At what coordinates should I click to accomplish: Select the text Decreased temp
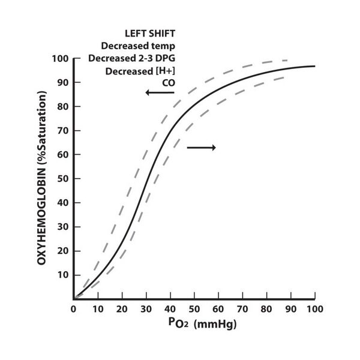pyautogui.click(x=138, y=46)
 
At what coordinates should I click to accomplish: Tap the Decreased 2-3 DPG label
pyautogui.click(x=131, y=58)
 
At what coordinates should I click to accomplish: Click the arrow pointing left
pyautogui.click(x=159, y=92)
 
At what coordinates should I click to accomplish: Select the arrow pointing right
pyautogui.click(x=201, y=147)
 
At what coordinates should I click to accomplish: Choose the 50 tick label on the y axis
pyautogui.click(x=61, y=179)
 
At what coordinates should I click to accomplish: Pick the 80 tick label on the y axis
pyautogui.click(x=61, y=107)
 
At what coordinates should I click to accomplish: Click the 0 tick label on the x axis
pyautogui.click(x=74, y=309)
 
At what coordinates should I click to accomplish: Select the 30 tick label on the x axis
pyautogui.click(x=146, y=309)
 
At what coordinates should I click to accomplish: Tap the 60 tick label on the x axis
pyautogui.click(x=218, y=309)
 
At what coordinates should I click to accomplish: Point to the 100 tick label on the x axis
pyautogui.click(x=314, y=309)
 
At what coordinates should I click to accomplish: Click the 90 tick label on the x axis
pyautogui.click(x=290, y=309)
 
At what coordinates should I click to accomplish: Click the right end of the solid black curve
pyautogui.click(x=314, y=66)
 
